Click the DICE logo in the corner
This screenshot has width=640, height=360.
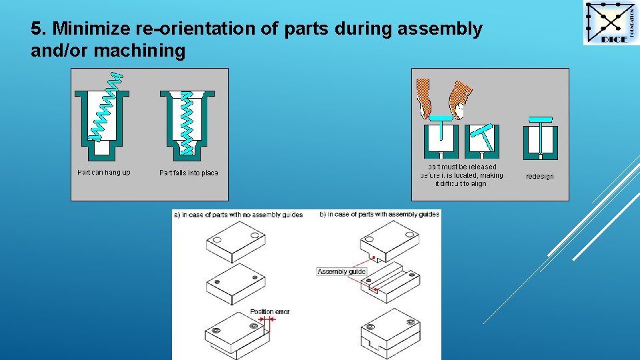click(611, 23)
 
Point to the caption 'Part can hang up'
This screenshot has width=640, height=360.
click(104, 173)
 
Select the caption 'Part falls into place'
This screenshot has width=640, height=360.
click(189, 173)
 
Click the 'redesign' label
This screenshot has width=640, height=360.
click(539, 177)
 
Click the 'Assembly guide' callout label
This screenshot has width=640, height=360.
click(341, 271)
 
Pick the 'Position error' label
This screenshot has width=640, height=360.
click(270, 311)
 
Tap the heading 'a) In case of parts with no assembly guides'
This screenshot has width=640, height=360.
click(238, 215)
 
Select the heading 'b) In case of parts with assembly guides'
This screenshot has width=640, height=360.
click(379, 215)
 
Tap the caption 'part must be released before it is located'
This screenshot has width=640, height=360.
click(462, 175)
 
